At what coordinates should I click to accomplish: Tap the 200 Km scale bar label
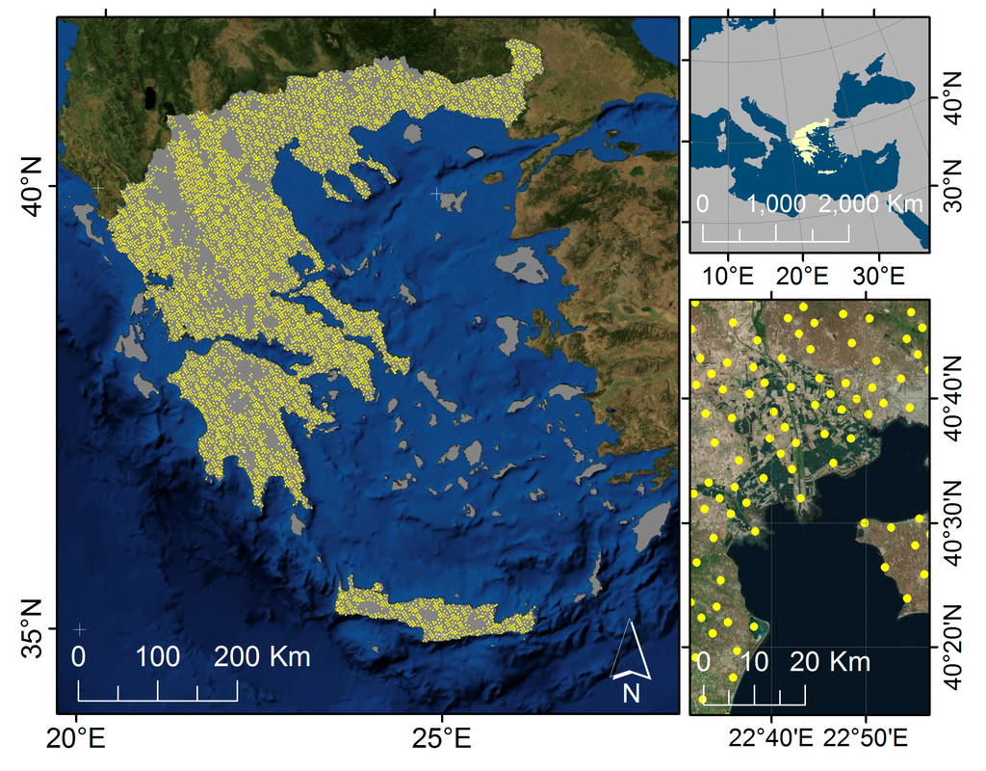(x=262, y=658)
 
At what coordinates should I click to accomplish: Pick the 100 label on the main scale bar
(x=157, y=658)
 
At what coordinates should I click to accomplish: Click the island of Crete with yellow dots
(x=433, y=612)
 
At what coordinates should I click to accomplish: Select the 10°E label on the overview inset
(x=728, y=276)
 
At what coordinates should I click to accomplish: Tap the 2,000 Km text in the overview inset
(x=871, y=204)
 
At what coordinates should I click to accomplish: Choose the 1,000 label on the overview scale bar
(x=775, y=204)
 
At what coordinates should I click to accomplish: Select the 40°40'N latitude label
(x=953, y=393)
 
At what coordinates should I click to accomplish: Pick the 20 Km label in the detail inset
(x=830, y=662)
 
